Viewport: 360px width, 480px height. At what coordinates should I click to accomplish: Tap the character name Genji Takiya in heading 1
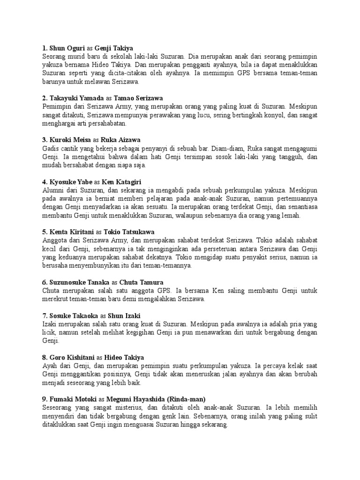tap(114, 47)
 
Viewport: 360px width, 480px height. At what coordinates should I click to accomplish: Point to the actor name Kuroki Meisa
tap(70, 140)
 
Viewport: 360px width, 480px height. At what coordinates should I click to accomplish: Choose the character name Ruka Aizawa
tap(120, 140)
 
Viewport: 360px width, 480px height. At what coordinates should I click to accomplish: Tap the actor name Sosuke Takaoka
tap(73, 315)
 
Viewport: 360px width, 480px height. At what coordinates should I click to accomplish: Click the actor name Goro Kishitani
tap(72, 357)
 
